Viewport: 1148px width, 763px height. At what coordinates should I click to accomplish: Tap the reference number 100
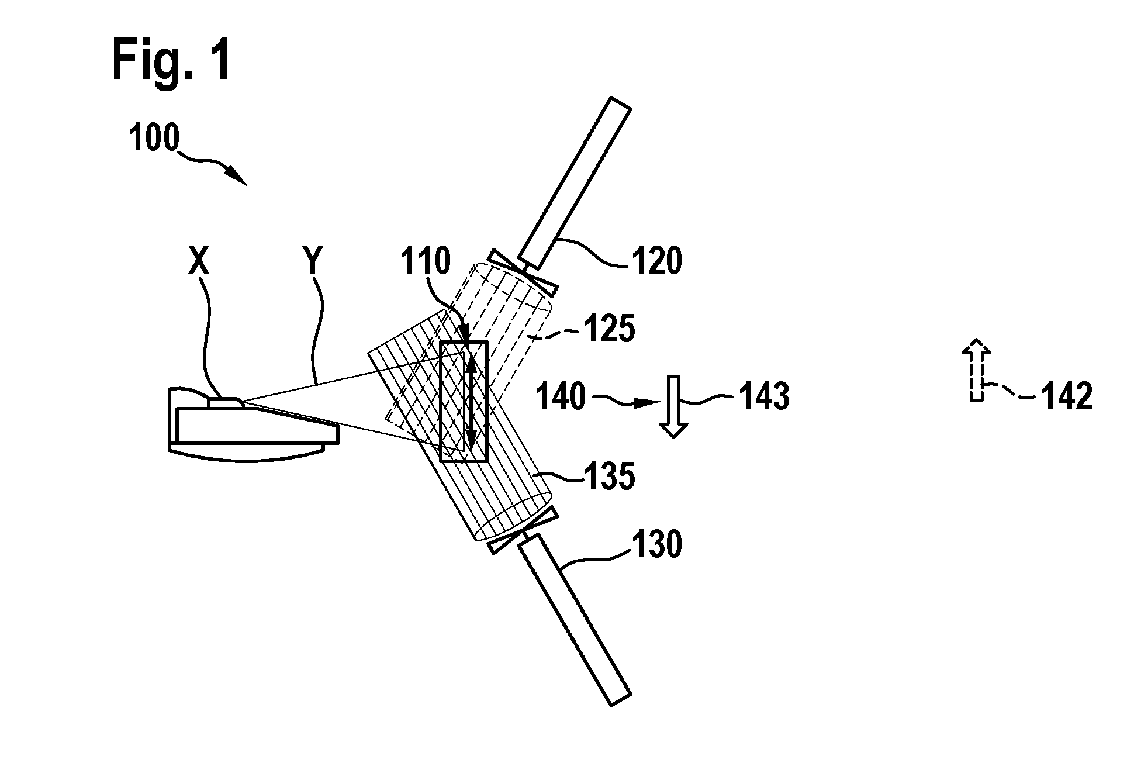tap(154, 139)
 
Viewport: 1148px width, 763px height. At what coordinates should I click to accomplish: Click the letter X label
tap(199, 261)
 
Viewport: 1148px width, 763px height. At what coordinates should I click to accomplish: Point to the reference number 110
tap(426, 261)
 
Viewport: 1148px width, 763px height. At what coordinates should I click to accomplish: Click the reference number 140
tap(561, 397)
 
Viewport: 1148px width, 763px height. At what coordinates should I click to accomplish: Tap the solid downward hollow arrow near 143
tap(673, 406)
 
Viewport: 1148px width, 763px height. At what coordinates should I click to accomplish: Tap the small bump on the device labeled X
tap(225, 402)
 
